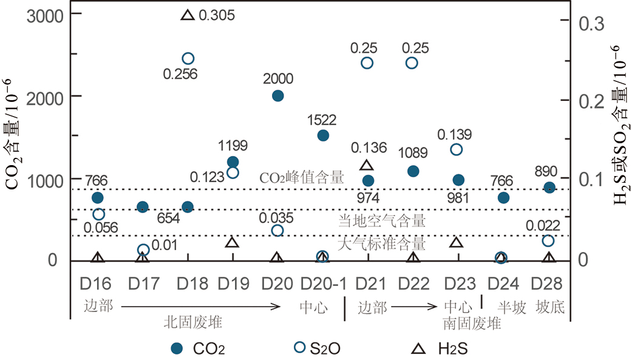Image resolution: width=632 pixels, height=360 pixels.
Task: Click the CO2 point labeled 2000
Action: [278, 95]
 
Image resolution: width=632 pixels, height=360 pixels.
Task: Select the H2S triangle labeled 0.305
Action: [188, 15]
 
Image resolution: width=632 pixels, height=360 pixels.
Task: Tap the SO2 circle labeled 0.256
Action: [188, 58]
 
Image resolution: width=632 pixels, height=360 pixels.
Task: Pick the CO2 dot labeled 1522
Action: [323, 135]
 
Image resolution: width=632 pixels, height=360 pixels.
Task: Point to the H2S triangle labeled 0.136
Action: [366, 165]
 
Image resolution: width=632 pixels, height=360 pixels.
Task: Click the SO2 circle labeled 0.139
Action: [457, 149]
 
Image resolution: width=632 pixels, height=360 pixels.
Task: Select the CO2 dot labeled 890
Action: [549, 188]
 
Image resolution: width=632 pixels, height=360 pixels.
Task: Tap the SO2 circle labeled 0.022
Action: [548, 241]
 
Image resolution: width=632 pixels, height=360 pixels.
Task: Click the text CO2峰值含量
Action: [302, 178]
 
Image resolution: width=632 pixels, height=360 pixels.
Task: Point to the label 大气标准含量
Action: [381, 244]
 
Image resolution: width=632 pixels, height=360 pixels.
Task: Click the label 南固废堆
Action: [472, 323]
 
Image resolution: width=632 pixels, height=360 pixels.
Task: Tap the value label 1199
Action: [233, 146]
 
